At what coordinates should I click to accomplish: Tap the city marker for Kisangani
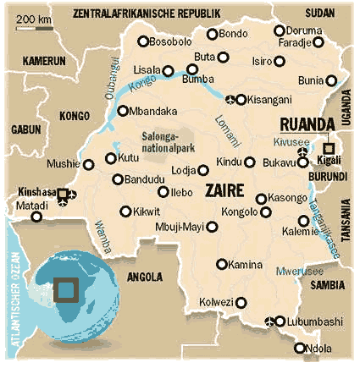[x=241, y=100]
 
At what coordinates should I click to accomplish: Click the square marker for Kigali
[x=329, y=147]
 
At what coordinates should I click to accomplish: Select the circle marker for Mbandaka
[x=123, y=110]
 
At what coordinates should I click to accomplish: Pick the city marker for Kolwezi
[x=242, y=302]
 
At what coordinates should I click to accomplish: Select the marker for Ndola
[x=299, y=348]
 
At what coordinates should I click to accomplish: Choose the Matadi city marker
[x=36, y=217]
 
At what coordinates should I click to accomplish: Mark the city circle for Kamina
[x=222, y=264]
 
